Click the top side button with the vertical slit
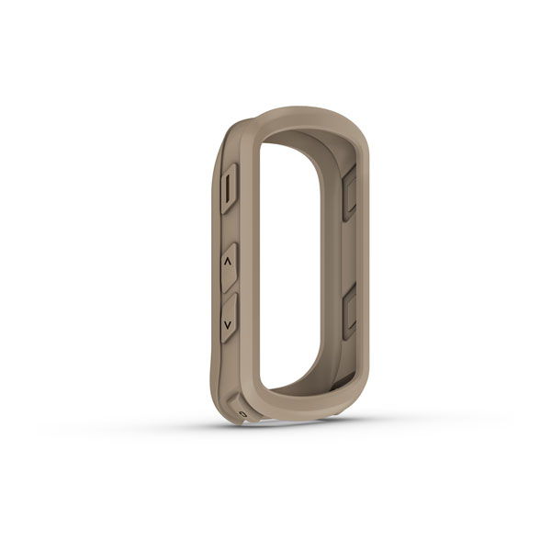230,188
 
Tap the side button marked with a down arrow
228,319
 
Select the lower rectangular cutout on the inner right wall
348,313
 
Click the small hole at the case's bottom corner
242,414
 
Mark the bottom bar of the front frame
303,409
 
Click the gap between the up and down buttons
228,293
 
